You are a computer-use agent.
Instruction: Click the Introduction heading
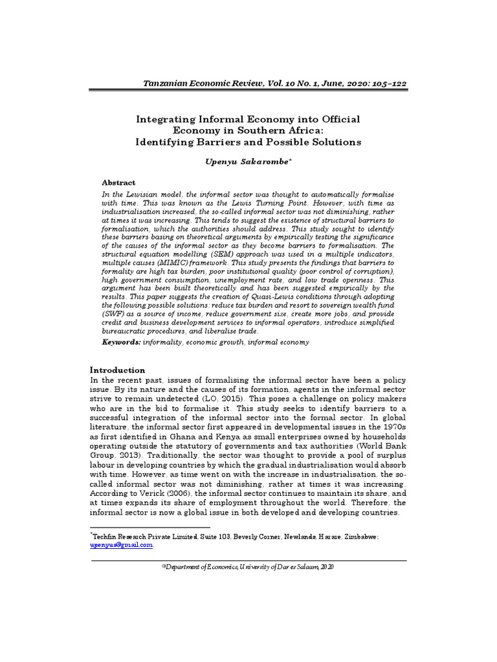tap(116, 369)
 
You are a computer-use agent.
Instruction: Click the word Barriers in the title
tap(230, 142)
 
